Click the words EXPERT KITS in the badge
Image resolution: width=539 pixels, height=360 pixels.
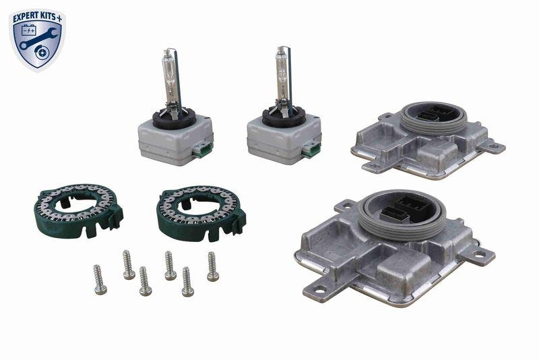click(x=34, y=15)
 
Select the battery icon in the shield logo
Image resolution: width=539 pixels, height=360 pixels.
click(x=29, y=30)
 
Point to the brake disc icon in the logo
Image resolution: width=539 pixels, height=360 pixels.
click(x=46, y=49)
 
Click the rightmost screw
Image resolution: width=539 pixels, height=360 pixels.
click(x=212, y=266)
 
